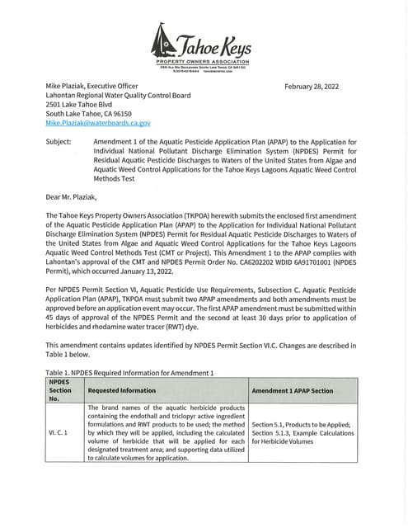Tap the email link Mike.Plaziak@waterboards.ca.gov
pos(98,123)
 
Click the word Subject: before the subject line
pos(59,142)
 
